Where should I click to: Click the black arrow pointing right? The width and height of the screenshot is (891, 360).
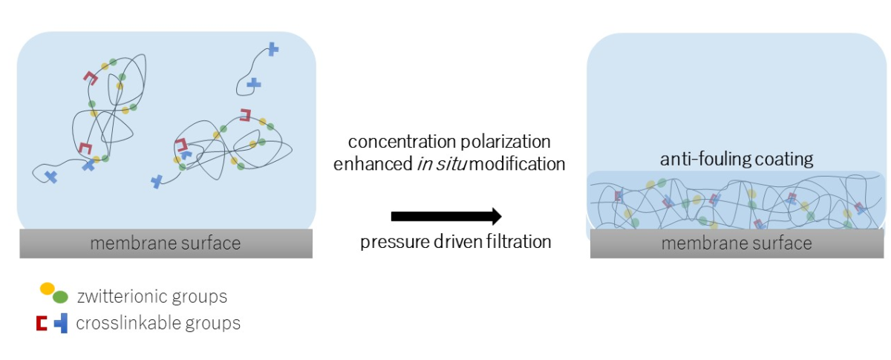(x=446, y=216)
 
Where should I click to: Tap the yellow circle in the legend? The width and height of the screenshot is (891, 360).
(x=47, y=289)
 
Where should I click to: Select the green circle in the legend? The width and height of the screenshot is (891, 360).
(x=60, y=297)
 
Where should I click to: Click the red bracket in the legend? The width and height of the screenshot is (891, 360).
(x=42, y=324)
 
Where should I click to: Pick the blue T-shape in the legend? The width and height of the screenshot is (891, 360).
(x=61, y=323)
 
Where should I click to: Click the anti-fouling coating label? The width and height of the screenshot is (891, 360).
(x=737, y=159)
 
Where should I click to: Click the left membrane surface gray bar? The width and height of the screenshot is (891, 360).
(x=166, y=243)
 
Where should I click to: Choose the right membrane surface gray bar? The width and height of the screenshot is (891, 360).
(x=737, y=243)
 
